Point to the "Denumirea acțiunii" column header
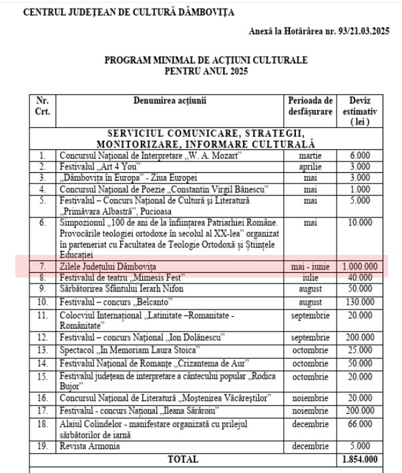pos(169,101)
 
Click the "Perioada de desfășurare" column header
pos(311,105)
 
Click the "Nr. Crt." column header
pos(42,105)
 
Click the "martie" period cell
pos(311,155)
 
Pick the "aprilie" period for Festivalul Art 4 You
pos(311,166)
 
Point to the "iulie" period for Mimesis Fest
pos(311,277)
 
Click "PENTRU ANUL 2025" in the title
pos(206,71)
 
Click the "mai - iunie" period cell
pos(311,266)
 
